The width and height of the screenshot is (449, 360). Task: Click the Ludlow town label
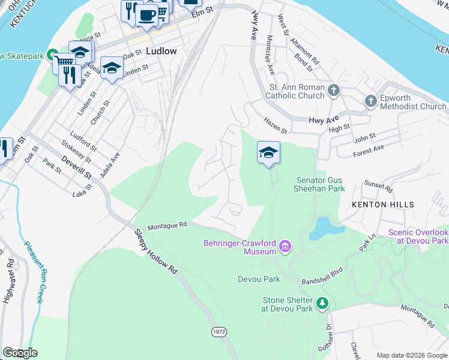point(161,51)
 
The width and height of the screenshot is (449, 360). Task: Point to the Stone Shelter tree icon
point(323,304)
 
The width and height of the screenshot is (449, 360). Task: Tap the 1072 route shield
point(218,331)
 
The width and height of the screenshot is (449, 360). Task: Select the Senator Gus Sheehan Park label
point(321,184)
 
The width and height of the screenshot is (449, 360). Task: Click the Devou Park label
point(259,279)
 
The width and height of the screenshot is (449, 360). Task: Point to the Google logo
point(20,353)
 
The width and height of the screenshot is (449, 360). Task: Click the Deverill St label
point(79,169)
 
